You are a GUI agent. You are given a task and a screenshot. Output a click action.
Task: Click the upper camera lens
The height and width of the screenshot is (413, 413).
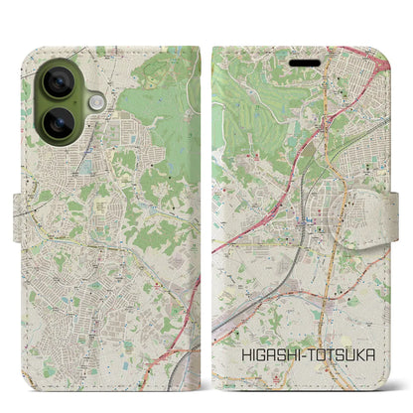click(x=59, y=84)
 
